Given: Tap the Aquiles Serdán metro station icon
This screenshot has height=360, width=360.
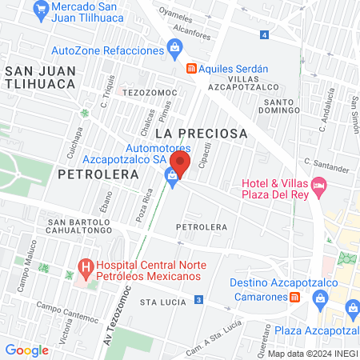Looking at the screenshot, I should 191,68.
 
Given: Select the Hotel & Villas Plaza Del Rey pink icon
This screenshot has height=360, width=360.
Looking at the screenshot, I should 320,189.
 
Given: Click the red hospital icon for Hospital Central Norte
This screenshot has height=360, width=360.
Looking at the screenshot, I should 83,266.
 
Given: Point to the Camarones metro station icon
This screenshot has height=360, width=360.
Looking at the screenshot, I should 294,296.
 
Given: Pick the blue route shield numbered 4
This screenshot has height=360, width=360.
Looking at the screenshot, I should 265,34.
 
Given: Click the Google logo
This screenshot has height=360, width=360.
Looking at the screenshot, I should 26,350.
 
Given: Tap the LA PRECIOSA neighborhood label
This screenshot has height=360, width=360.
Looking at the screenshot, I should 202,133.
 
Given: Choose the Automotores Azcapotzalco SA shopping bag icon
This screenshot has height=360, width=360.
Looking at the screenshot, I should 171,175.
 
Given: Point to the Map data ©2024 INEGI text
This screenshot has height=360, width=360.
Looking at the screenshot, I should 312,353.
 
